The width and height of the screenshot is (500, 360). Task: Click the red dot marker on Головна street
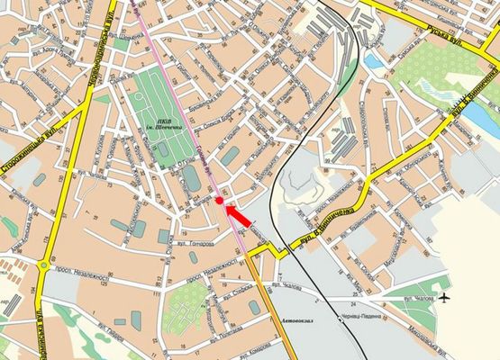(x=220, y=202)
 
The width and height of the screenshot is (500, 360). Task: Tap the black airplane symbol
(x=445, y=297)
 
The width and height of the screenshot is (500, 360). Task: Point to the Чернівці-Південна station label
(x=365, y=320)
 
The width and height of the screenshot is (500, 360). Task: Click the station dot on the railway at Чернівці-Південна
(x=341, y=316)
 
